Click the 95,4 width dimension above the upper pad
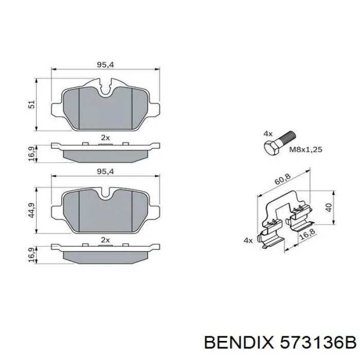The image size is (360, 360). tap(105, 65)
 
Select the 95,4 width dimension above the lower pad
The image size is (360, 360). tap(105, 171)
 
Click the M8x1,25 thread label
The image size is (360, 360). tap(305, 149)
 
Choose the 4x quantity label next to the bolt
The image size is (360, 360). tap(267, 133)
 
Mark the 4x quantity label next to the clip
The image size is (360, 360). tap(248, 240)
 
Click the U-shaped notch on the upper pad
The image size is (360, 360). tap(106, 89)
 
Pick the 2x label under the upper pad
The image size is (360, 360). tap(105, 137)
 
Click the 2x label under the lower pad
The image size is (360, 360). tap(105, 240)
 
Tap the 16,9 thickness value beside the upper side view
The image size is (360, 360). tap(32, 153)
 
